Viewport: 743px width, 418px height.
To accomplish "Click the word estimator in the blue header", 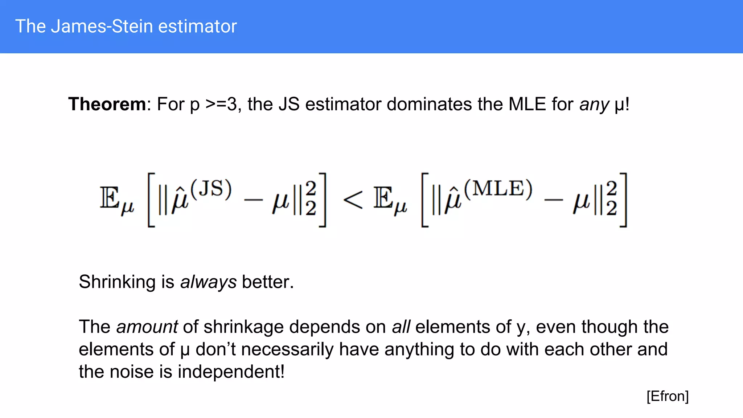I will click(x=197, y=26).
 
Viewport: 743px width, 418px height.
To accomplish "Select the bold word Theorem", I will click(x=107, y=104).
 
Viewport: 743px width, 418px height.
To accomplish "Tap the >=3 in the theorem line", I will click(x=221, y=104).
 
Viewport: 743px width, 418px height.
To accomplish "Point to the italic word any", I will click(x=594, y=105).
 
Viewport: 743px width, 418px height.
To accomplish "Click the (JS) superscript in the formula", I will click(x=211, y=189).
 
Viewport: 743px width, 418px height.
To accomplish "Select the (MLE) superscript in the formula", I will click(x=498, y=189).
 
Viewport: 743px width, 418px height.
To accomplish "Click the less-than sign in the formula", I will click(x=352, y=200).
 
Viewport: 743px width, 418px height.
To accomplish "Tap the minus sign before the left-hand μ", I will click(x=253, y=200).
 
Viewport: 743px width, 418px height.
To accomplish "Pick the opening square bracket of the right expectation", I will click(x=425, y=200).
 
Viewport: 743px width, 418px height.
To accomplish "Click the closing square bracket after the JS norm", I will click(x=323, y=200).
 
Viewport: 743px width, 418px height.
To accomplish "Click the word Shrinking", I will click(x=118, y=282).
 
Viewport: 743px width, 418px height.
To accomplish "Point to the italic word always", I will click(x=208, y=282).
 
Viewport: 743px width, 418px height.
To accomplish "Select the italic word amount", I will click(x=147, y=327).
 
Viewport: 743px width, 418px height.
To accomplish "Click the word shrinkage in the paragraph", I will click(x=243, y=327).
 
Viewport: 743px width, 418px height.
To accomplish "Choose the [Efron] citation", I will click(x=667, y=396).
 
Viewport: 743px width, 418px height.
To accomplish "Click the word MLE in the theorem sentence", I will click(x=527, y=104).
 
